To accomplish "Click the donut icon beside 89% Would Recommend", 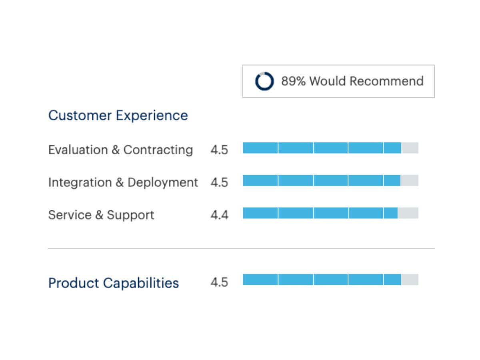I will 264,81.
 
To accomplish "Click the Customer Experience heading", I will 118,116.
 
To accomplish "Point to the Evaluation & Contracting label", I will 120,150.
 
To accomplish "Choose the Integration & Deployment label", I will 123,182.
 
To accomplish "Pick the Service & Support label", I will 101,215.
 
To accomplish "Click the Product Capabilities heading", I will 113,283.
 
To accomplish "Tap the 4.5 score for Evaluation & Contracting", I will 219,150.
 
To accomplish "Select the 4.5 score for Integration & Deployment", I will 219,182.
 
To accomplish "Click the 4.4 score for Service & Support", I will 219,215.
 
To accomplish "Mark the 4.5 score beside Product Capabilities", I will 219,282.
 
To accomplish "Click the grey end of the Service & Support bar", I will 408,213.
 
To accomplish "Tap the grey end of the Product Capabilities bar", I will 410,280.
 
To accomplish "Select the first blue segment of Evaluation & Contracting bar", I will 260,148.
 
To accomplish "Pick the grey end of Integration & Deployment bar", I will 409,180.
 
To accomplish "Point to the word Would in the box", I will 328,81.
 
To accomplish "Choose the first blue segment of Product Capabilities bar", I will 260,280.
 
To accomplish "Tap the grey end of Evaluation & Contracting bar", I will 410,148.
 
